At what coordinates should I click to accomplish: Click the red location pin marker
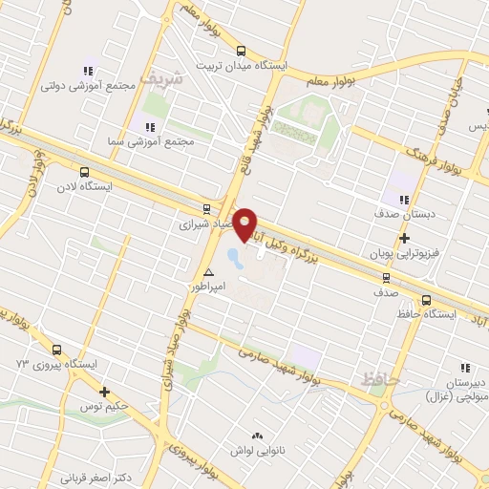tap(245, 223)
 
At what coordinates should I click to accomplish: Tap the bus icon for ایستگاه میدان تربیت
tap(241, 52)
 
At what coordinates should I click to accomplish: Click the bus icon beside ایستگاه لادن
tap(85, 173)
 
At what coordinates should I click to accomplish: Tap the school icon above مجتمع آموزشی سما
tap(148, 126)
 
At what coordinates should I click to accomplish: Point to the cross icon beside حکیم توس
tap(104, 392)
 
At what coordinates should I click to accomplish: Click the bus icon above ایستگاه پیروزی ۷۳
tap(57, 350)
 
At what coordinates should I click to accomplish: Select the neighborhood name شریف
tap(159, 75)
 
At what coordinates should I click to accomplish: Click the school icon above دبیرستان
tap(466, 367)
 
